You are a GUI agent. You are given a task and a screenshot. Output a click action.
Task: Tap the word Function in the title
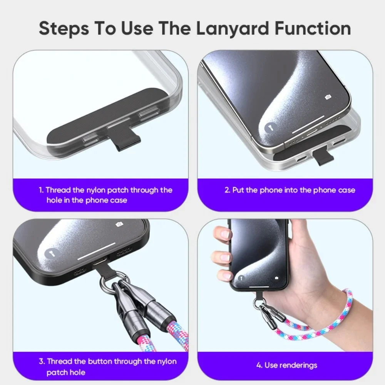(x=313, y=28)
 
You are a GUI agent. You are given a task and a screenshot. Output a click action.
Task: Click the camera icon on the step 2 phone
(x=328, y=97)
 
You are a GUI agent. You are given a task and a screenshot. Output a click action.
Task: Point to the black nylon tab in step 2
(x=323, y=157)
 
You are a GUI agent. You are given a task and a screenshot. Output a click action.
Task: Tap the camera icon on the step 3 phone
(x=119, y=224)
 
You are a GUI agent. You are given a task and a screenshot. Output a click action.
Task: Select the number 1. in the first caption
(x=41, y=190)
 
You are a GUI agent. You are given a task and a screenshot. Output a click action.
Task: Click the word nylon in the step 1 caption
(x=95, y=191)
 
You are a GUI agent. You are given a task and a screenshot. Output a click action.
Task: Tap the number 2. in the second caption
(x=228, y=190)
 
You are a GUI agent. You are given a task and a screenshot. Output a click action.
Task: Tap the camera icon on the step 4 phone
(x=276, y=278)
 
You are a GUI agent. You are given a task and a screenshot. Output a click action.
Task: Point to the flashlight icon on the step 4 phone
(x=241, y=278)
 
